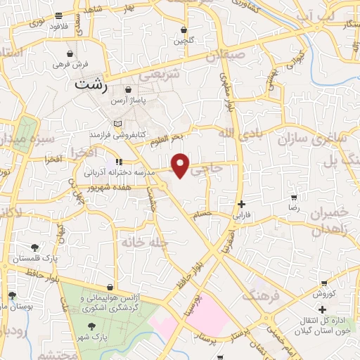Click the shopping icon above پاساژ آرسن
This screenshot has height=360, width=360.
129,90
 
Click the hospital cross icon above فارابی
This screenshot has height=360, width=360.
241,204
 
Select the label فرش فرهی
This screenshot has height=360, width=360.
71,64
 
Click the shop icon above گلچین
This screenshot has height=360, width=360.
184,30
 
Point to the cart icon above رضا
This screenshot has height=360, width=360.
293,198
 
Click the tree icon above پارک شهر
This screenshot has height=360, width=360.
92,326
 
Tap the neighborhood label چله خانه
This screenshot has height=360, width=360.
136,242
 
